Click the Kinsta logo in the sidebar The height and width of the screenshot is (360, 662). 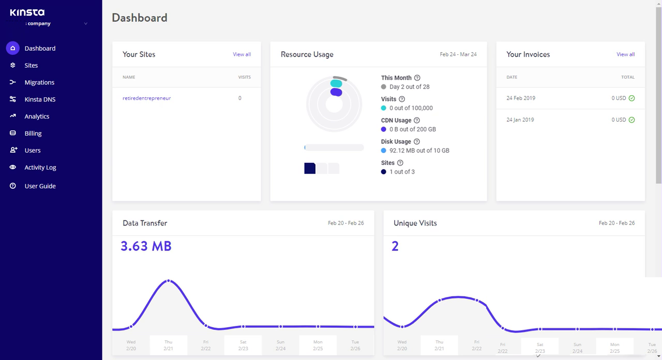tap(27, 12)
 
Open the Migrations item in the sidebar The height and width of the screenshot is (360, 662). tap(39, 82)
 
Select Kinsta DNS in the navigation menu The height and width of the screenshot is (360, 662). tap(40, 99)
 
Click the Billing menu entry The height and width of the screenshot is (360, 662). tap(33, 133)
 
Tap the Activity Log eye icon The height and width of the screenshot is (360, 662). tap(13, 168)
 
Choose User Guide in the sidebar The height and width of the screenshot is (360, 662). tap(40, 186)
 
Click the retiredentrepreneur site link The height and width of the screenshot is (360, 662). tap(146, 98)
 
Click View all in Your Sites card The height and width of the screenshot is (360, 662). tap(242, 54)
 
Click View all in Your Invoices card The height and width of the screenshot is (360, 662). tap(625, 54)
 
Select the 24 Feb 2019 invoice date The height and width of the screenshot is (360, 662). tap(521, 98)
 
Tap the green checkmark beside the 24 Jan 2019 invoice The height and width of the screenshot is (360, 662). tap(631, 120)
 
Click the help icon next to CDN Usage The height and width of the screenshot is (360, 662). tap(417, 121)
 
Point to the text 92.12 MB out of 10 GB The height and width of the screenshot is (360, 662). tap(419, 151)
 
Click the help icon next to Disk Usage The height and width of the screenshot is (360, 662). tap(417, 142)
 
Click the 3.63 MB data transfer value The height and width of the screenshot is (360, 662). tap(146, 246)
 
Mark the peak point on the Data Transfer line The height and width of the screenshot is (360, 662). tap(168, 281)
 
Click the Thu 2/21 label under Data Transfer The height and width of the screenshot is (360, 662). tap(168, 345)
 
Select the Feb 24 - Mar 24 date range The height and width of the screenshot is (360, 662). tap(458, 54)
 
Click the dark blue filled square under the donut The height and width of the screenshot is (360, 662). tap(310, 168)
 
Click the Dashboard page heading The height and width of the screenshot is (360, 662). tap(140, 18)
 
